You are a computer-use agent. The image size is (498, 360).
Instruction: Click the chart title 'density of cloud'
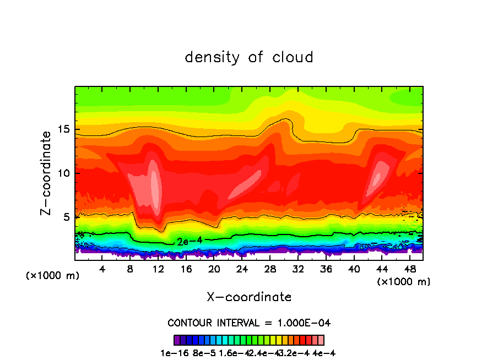pos(249,57)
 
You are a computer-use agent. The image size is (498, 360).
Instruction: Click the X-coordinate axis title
pos(249,297)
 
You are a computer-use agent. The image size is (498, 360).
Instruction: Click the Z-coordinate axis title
pos(47,172)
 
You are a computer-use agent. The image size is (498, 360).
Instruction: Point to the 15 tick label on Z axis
pos(64,129)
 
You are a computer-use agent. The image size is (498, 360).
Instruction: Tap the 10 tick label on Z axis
pos(64,173)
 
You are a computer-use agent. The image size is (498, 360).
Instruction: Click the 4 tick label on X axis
pos(102,269)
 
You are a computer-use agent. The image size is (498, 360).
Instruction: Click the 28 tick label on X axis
pos(270,269)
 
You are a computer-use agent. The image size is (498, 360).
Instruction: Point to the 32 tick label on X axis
pos(298,269)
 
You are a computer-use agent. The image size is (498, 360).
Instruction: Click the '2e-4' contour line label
pos(186,241)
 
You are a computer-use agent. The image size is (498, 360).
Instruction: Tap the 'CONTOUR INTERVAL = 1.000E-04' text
pos(249,323)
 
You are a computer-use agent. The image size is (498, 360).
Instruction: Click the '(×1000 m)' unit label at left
pos(53,275)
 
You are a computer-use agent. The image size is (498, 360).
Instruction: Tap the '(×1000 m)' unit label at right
pos(404,281)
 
